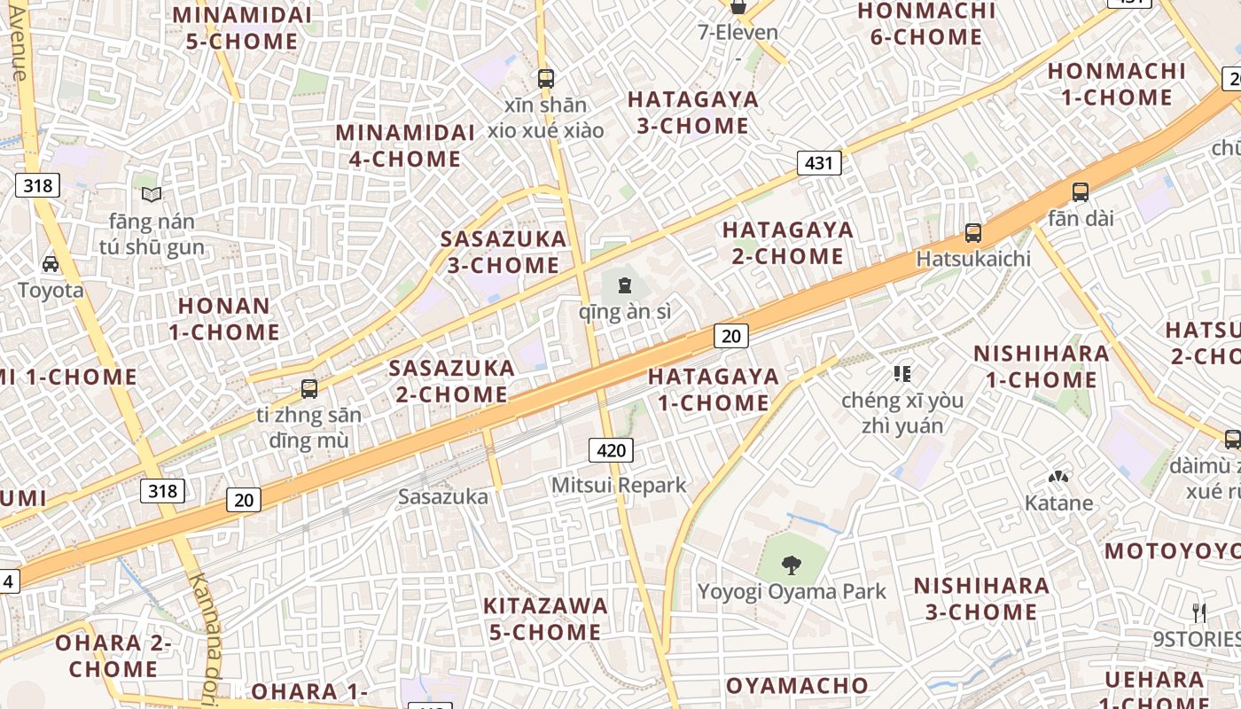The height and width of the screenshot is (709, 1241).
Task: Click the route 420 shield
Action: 611,450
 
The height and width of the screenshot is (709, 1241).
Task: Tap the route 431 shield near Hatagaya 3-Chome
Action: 819,163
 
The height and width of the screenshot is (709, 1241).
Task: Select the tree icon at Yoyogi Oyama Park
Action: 792,565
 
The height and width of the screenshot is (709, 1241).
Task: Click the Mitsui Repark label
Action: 619,486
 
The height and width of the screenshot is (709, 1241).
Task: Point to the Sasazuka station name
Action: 443,497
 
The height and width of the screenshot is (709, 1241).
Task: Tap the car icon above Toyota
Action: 51,264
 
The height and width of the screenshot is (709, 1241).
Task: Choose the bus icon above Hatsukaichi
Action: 973,233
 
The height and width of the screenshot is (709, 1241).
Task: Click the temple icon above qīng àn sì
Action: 625,285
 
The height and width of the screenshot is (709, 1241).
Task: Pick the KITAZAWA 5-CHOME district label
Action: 545,619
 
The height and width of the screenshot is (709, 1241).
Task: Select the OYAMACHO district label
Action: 797,686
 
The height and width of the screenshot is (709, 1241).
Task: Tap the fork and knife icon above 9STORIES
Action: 1199,612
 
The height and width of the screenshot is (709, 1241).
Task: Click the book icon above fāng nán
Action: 152,194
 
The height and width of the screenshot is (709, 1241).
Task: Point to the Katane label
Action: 1058,503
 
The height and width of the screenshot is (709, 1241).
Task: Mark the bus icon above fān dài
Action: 1080,192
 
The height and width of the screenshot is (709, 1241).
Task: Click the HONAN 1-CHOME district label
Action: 224,319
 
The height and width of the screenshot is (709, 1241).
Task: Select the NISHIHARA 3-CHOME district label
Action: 981,599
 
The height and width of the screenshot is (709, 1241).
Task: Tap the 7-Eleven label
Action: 738,34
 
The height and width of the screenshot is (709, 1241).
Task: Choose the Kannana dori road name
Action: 206,638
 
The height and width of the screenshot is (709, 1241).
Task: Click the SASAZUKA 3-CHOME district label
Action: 503,252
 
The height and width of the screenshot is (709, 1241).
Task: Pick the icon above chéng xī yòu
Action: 902,374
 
